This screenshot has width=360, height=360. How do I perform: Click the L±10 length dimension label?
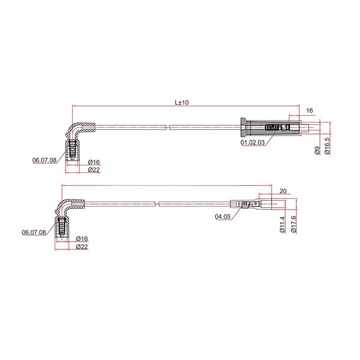click(x=181, y=102)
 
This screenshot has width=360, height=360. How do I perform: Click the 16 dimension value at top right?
click(x=309, y=110)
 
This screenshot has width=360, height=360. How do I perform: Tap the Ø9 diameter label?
click(x=317, y=150)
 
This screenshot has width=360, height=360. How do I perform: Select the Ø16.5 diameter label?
click(x=327, y=146)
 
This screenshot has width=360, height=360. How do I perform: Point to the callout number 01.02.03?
click(x=252, y=142)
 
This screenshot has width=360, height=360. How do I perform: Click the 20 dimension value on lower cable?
click(x=283, y=192)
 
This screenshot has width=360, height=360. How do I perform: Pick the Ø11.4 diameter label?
click(x=282, y=225)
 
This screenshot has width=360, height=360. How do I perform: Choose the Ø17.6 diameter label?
click(x=293, y=225)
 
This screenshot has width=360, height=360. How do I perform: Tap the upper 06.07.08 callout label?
click(x=44, y=160)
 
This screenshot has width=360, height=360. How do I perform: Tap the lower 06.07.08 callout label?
click(x=34, y=232)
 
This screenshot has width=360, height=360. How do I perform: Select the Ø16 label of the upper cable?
click(x=94, y=162)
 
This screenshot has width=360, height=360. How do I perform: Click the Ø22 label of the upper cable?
click(x=94, y=170)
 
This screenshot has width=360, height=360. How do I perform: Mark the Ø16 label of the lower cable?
click(x=82, y=239)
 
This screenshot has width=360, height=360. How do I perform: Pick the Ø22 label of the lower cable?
click(x=82, y=247)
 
